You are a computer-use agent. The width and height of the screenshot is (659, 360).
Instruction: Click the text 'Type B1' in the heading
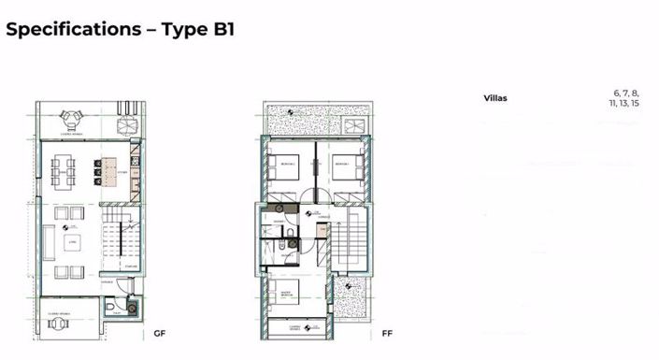point(197,29)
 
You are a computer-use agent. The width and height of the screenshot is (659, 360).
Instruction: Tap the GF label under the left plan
point(160,334)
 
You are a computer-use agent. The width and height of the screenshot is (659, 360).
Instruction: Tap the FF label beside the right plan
point(387,334)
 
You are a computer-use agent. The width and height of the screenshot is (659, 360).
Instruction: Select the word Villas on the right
point(496,98)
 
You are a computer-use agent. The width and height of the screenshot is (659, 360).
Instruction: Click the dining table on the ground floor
point(64,172)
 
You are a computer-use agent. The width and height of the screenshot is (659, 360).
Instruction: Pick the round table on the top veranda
point(72,119)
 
